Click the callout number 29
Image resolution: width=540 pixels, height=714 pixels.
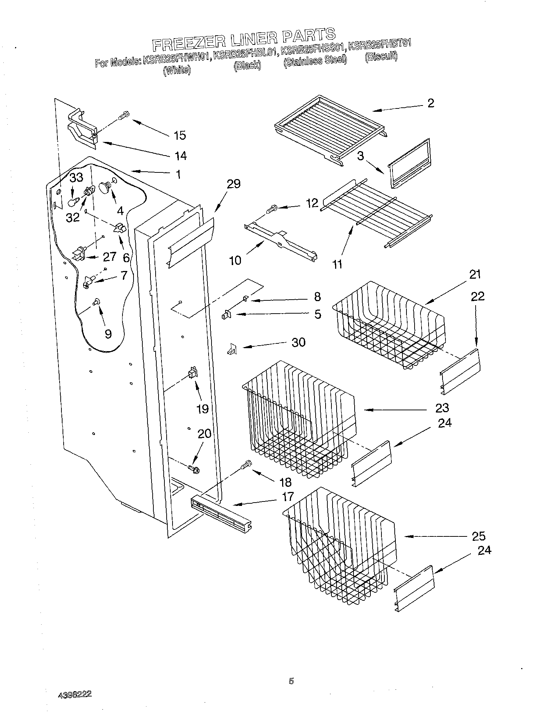click(234, 184)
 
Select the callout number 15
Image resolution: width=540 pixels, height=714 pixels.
click(180, 135)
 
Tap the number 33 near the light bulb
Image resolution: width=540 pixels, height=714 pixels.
click(77, 178)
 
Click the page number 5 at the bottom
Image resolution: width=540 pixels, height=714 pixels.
click(291, 681)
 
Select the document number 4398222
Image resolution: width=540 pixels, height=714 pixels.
click(75, 695)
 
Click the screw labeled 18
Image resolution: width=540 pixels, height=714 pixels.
click(246, 465)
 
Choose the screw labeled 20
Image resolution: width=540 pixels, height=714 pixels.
click(193, 469)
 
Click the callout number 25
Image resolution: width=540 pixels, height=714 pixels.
click(478, 536)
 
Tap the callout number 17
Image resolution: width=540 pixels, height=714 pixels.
click(288, 497)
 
